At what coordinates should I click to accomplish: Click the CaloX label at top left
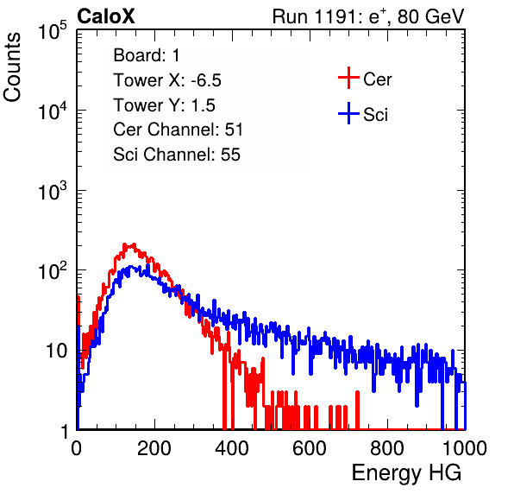(106, 16)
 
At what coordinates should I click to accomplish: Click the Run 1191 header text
(368, 17)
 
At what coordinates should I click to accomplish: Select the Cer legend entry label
(377, 79)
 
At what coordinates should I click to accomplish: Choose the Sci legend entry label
(376, 115)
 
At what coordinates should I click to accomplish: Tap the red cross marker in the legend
(348, 78)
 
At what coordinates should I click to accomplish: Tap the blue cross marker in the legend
(348, 113)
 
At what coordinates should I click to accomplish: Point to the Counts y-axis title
(12, 67)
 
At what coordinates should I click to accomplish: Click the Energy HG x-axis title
(406, 473)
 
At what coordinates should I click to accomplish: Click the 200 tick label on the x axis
(154, 447)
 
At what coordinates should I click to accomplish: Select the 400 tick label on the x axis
(232, 447)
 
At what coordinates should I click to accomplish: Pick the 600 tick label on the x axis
(310, 447)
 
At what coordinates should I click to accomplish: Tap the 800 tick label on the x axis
(387, 447)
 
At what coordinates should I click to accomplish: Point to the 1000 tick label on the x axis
(465, 447)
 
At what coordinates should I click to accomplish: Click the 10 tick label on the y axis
(56, 351)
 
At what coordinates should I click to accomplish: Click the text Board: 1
(147, 55)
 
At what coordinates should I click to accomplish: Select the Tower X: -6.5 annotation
(167, 80)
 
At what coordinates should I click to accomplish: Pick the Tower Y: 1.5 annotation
(164, 105)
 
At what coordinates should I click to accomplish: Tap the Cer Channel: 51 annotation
(178, 130)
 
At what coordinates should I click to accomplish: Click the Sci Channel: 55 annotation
(177, 155)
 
